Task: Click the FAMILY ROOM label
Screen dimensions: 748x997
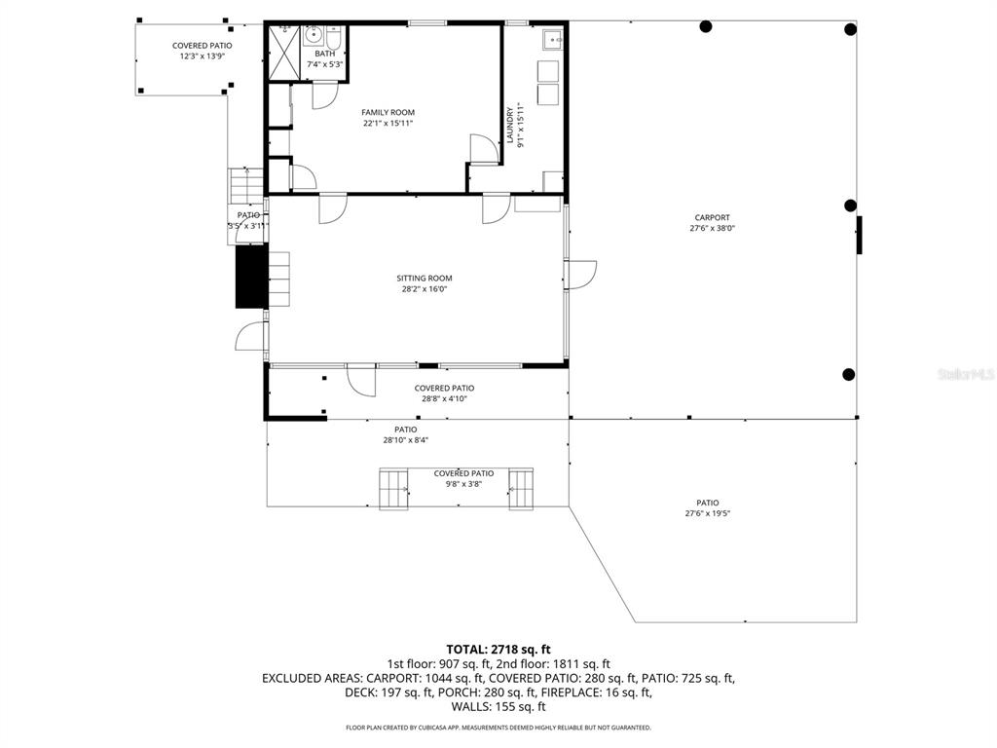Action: pyautogui.click(x=388, y=113)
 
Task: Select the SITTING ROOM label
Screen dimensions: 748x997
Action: pyautogui.click(x=424, y=279)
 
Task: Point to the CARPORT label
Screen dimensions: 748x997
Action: pyautogui.click(x=712, y=218)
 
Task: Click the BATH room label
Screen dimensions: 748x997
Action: pyautogui.click(x=324, y=55)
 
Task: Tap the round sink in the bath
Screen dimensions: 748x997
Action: pyautogui.click(x=314, y=36)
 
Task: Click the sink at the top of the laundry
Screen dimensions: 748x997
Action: pyautogui.click(x=550, y=40)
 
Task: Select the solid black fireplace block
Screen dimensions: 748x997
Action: pyautogui.click(x=251, y=278)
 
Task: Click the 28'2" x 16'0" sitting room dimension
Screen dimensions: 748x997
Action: pyautogui.click(x=424, y=289)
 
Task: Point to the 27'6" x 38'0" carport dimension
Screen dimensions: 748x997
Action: pyautogui.click(x=712, y=229)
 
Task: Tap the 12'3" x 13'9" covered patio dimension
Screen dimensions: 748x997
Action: pyautogui.click(x=202, y=56)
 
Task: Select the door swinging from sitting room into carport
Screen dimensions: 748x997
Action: pyautogui.click(x=581, y=275)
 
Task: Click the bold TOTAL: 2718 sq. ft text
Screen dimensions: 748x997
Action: pyautogui.click(x=498, y=649)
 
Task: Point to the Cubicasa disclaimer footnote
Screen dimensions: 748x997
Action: pyautogui.click(x=498, y=728)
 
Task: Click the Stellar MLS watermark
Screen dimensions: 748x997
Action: pyautogui.click(x=966, y=373)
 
